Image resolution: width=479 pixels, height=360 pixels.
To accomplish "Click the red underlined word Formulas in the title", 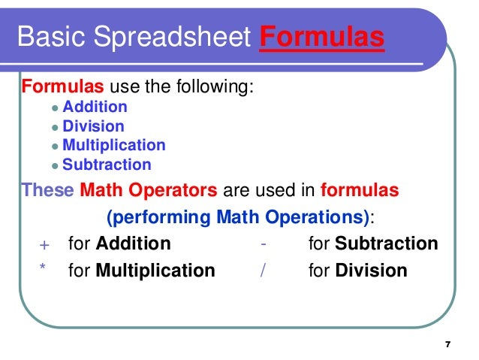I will [322, 36].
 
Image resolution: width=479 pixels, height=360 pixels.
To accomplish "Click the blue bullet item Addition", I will [95, 107].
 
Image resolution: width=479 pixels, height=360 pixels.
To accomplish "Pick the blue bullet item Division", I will [93, 126].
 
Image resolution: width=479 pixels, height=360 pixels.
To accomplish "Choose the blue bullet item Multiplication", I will [113, 145].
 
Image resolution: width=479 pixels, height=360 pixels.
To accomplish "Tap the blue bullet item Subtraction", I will [107, 165].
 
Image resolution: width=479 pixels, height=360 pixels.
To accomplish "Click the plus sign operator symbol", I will [43, 245].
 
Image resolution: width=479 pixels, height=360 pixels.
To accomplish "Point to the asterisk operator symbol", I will [43, 268].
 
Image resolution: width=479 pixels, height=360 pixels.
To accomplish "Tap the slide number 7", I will [447, 344].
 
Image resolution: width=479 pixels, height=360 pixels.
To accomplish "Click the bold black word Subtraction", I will [386, 244].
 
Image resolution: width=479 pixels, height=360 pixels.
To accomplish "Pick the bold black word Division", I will [371, 271].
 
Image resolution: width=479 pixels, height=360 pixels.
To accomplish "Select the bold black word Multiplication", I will [155, 271].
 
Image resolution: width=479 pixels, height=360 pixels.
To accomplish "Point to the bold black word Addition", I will [134, 244].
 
